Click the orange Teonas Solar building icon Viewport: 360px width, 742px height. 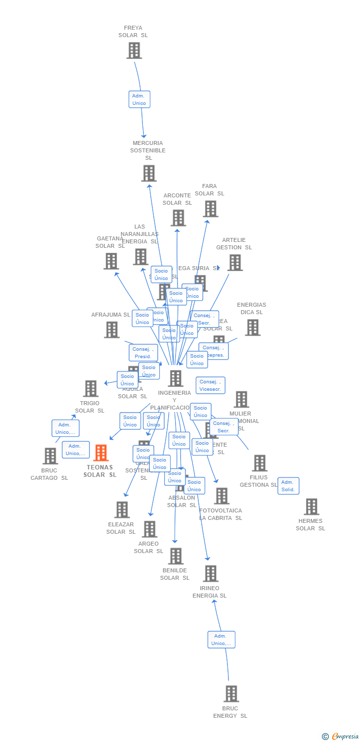(x=101, y=453)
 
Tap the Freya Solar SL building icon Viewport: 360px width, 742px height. (x=134, y=50)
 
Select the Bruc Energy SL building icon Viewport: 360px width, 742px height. (x=231, y=694)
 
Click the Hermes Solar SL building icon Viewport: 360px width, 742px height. (x=311, y=507)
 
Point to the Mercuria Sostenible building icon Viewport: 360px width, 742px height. (x=149, y=173)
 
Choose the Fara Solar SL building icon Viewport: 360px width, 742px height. (x=210, y=209)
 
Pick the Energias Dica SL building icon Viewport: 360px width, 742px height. (x=252, y=327)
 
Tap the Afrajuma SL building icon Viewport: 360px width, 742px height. (x=112, y=329)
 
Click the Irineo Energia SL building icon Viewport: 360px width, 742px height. (x=210, y=573)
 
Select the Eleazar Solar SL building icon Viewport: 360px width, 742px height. (x=122, y=510)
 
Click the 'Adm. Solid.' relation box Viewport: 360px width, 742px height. (x=288, y=486)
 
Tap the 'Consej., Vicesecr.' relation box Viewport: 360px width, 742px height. (x=210, y=385)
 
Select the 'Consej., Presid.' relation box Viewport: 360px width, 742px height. (x=143, y=353)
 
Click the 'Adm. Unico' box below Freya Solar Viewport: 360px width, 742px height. (x=139, y=99)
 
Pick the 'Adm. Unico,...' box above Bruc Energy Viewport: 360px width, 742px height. (x=221, y=640)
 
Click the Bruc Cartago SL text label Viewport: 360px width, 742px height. (x=49, y=474)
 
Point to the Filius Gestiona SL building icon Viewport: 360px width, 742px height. (x=259, y=463)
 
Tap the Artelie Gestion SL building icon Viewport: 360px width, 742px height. (x=235, y=263)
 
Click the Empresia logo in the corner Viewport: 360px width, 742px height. (x=341, y=737)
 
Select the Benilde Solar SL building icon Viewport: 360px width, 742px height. (x=175, y=556)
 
